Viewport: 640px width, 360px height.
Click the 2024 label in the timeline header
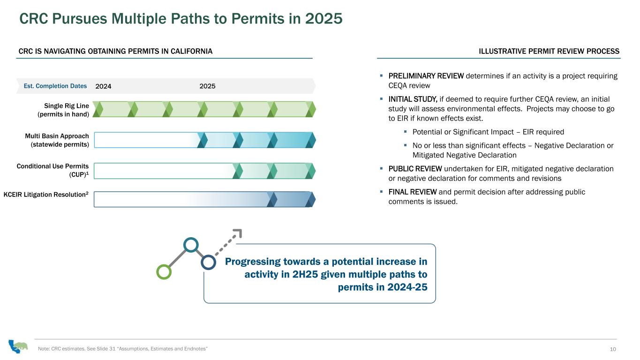pos(103,86)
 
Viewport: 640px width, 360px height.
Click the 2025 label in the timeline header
pos(207,86)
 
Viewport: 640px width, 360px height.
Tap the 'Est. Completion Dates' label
pos(55,86)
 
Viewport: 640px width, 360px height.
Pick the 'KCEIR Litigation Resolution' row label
pos(46,195)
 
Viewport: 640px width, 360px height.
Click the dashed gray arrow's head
pos(238,232)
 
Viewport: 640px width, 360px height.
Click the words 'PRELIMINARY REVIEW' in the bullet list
pos(426,76)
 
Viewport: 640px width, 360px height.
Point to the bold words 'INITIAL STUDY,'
pos(413,99)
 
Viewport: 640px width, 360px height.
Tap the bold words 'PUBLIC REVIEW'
pos(415,169)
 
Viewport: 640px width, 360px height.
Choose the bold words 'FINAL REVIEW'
pos(413,192)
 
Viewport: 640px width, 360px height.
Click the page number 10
pos(613,349)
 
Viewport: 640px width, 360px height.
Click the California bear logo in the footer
pos(18,346)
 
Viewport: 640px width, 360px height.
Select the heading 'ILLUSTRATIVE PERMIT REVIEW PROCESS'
pos(549,52)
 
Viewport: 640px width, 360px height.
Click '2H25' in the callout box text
pos(305,274)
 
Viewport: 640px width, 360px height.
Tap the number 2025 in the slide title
pos(324,19)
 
